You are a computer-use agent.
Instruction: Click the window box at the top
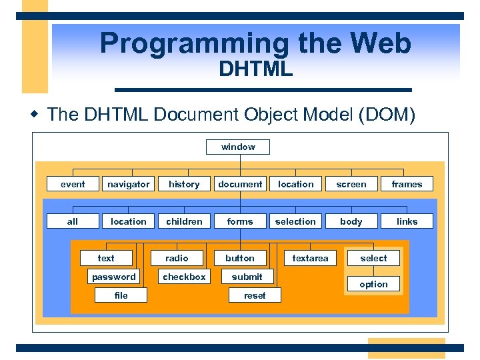pos(238,147)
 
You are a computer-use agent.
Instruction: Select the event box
pos(73,184)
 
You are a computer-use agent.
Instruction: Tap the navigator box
pos(129,184)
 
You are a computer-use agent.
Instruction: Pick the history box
pos(184,184)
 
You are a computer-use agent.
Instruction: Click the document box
pos(240,184)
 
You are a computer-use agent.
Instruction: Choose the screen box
pos(351,184)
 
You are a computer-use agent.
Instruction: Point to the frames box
pos(407,184)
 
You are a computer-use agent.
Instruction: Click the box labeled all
pos(73,221)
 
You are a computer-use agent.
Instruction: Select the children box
pos(184,221)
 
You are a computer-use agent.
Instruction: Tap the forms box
pos(240,221)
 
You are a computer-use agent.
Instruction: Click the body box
pos(351,221)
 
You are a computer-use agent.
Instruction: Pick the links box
pos(407,221)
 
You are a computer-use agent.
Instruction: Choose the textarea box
pos(310,258)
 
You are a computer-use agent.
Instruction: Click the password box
pos(114,277)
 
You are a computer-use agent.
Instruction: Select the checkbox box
pos(185,277)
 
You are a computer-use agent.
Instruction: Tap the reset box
pos(255,295)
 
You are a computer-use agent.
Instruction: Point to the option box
pos(373,284)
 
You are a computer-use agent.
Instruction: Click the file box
pos(121,295)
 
